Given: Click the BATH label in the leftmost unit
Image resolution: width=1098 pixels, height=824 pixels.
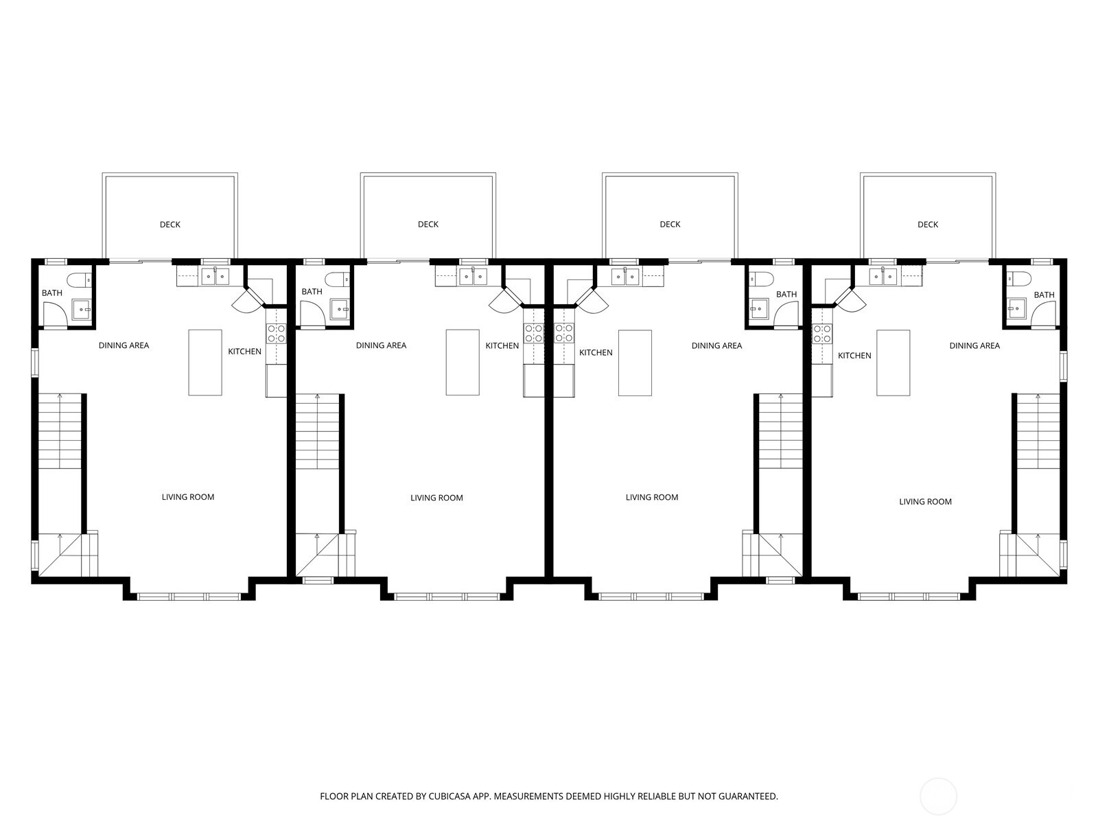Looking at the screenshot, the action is [x=52, y=293].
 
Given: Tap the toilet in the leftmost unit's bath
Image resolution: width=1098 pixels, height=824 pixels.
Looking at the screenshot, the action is [x=80, y=279].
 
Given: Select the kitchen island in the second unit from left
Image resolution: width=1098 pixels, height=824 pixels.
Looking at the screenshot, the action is [x=463, y=363].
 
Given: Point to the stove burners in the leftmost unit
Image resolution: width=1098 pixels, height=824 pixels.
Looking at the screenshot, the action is [x=276, y=334].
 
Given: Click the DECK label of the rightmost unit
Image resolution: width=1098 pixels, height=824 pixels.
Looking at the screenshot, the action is [x=927, y=225].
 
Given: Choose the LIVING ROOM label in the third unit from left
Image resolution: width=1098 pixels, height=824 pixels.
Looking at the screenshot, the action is [x=652, y=497].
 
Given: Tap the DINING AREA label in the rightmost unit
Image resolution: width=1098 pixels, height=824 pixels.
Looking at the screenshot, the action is [x=974, y=345].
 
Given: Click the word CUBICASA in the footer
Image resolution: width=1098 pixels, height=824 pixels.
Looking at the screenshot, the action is [x=450, y=797].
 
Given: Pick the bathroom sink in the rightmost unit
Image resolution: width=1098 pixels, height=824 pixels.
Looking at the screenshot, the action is [x=1016, y=309].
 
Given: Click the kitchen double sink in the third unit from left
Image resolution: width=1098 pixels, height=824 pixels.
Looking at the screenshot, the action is [x=625, y=277].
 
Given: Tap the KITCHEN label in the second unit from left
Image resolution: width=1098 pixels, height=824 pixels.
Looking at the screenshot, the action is [x=502, y=345].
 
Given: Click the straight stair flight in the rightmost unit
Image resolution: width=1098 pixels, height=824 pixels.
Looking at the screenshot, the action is [x=1038, y=431].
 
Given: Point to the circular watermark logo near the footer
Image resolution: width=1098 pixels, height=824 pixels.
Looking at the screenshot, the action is [x=938, y=797].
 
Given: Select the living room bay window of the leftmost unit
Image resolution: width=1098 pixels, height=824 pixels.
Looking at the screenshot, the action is [x=189, y=596].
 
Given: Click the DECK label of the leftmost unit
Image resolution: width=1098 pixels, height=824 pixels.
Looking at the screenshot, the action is [x=170, y=225].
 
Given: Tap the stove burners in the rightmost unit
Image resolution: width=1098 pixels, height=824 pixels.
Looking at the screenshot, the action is [x=822, y=334].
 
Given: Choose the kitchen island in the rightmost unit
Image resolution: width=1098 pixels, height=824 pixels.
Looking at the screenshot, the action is [x=893, y=363].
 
